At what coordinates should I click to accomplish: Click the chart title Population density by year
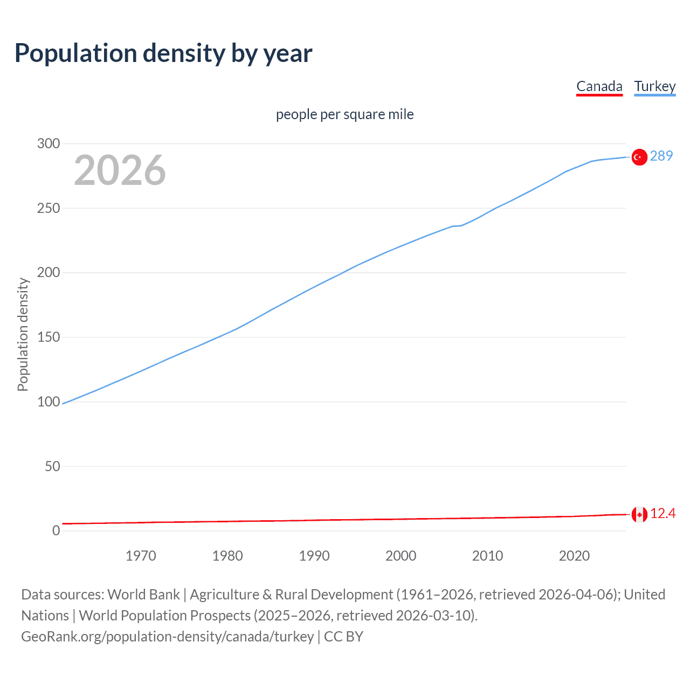tap(163, 53)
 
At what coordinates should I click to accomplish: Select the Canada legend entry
tap(599, 86)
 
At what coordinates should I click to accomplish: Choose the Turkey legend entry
tap(654, 86)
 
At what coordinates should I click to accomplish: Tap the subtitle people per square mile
tap(344, 115)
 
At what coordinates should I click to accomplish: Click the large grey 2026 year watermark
tap(120, 170)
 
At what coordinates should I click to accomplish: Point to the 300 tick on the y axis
tap(49, 143)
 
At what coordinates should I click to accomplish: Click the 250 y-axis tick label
tap(49, 208)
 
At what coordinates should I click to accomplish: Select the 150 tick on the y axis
tap(49, 337)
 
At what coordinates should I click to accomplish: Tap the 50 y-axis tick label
tap(52, 466)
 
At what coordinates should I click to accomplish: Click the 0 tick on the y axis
tap(56, 530)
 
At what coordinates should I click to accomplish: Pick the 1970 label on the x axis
tap(141, 556)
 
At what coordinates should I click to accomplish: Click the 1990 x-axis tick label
tap(314, 556)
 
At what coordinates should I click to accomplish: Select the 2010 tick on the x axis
tap(487, 556)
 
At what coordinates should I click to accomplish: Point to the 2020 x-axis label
tap(574, 556)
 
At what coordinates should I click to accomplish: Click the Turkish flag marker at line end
tap(639, 157)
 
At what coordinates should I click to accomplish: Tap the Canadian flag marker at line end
tap(639, 515)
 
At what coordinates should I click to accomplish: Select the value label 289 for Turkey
tap(661, 156)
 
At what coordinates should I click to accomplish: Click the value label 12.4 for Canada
tap(663, 514)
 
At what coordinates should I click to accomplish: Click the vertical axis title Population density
tap(23, 334)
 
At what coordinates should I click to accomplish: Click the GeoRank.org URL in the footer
tap(167, 637)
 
